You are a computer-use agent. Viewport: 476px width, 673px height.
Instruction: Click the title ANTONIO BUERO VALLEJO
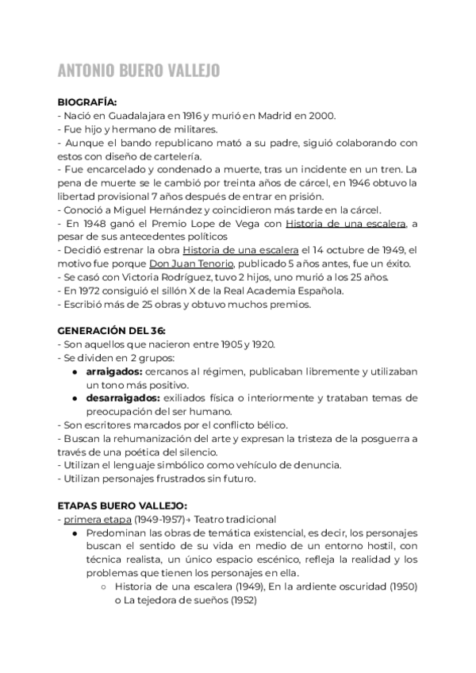139,71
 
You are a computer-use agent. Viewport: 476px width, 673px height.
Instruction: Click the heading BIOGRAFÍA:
87,102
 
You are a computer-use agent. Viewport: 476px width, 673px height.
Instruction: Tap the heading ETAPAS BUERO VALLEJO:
122,505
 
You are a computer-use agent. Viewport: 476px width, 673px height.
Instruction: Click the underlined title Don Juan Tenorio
190,263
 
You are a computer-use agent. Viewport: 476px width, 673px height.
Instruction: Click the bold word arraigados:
113,371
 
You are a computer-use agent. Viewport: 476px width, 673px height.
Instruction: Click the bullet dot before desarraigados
74,398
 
